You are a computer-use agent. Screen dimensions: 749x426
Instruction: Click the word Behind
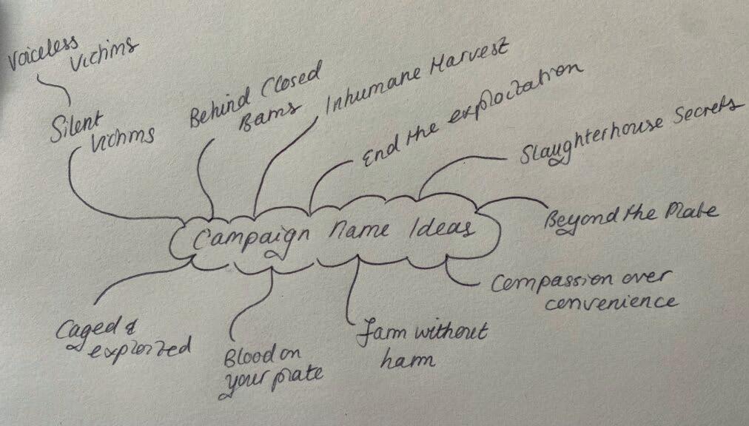point(214,110)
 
